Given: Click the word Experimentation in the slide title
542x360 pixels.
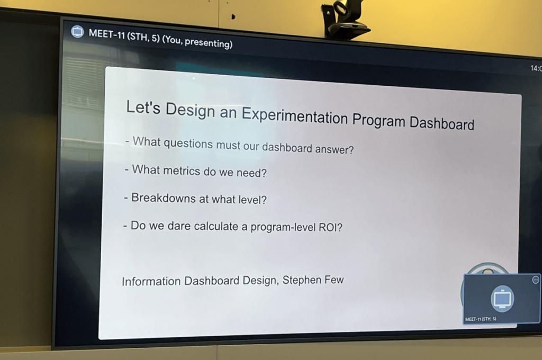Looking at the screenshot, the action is [294, 115].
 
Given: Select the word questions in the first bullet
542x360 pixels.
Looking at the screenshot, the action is [188, 143].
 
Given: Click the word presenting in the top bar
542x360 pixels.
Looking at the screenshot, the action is [208, 42].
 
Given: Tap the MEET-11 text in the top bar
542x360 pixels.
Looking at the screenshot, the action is [106, 34].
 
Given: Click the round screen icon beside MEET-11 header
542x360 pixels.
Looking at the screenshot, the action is [77, 31].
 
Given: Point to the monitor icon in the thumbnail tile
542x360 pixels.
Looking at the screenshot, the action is [502, 299].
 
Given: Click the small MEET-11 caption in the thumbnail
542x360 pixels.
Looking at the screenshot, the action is [481, 319].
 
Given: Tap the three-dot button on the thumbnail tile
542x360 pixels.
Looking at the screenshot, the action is [536, 280].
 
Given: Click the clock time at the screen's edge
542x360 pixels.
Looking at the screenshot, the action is [536, 68].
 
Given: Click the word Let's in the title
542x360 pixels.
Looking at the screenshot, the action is [143, 107].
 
